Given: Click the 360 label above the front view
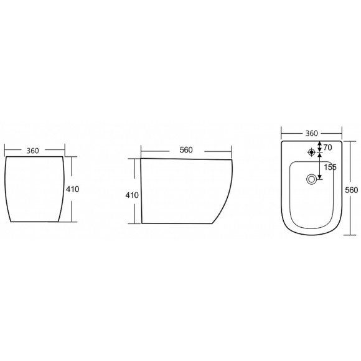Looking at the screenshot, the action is pyautogui.click(x=33, y=151).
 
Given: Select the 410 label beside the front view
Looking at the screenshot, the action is pyautogui.click(x=73, y=189).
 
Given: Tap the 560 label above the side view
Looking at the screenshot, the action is pyautogui.click(x=186, y=150).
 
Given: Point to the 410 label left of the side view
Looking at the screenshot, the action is pyautogui.click(x=132, y=195).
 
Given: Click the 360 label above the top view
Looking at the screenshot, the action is pyautogui.click(x=311, y=133).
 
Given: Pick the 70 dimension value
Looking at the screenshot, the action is pyautogui.click(x=328, y=148).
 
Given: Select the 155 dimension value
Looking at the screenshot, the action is pyautogui.click(x=330, y=167).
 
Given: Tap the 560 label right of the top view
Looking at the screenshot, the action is pyautogui.click(x=352, y=190).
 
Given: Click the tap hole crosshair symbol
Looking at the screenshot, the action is pyautogui.click(x=311, y=152).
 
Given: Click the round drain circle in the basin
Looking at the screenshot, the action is pyautogui.click(x=311, y=179).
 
